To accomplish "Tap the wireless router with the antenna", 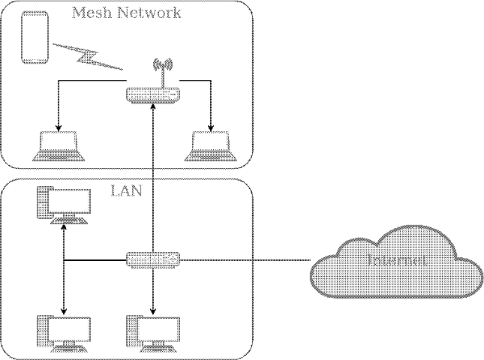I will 153,95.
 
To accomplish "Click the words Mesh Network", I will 126,13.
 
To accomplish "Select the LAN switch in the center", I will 153,259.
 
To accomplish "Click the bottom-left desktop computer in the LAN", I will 64,333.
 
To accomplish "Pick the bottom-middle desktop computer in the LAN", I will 154,333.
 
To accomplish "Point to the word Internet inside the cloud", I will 398,261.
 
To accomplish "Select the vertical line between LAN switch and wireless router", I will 153,180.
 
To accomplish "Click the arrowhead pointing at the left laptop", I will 58,125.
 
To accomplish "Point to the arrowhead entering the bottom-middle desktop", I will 154,310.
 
